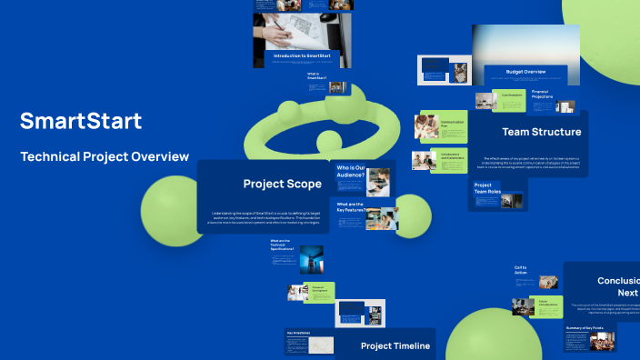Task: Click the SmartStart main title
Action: point(81,121)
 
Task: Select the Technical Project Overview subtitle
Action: point(105,156)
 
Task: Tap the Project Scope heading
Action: point(282,184)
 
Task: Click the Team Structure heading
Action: point(541,132)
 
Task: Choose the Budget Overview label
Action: point(525,71)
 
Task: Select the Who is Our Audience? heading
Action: point(351,172)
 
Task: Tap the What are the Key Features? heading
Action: point(349,207)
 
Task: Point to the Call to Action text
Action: point(521,269)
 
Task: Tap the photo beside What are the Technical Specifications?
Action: point(311,261)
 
